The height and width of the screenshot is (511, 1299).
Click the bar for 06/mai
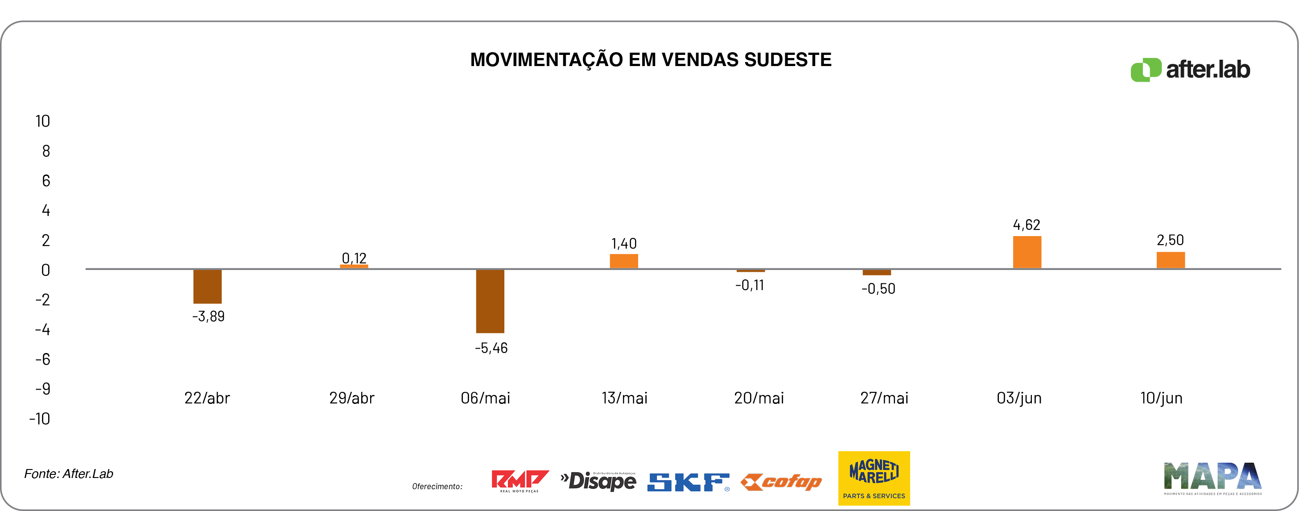tap(490, 301)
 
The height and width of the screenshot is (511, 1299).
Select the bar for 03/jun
tap(1027, 252)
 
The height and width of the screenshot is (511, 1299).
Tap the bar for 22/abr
tap(207, 287)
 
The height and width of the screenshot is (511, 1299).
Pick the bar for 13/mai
tap(624, 261)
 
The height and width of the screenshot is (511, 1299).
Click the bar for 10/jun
tap(1171, 260)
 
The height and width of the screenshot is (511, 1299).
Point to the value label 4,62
tap(1026, 225)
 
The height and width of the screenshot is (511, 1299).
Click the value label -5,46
tap(491, 348)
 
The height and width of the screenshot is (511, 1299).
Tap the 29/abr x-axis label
tap(351, 398)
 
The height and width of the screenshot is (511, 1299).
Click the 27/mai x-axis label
tap(884, 398)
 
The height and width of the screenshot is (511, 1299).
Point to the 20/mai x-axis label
tap(759, 398)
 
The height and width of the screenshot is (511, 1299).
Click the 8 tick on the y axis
tap(46, 151)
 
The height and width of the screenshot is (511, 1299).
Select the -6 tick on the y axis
tap(42, 359)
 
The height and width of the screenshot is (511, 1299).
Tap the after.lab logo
tap(1190, 70)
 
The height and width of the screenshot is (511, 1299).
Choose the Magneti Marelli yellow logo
tap(874, 478)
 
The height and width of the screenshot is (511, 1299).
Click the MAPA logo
tap(1212, 478)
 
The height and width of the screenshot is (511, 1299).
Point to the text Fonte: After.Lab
tap(69, 474)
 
